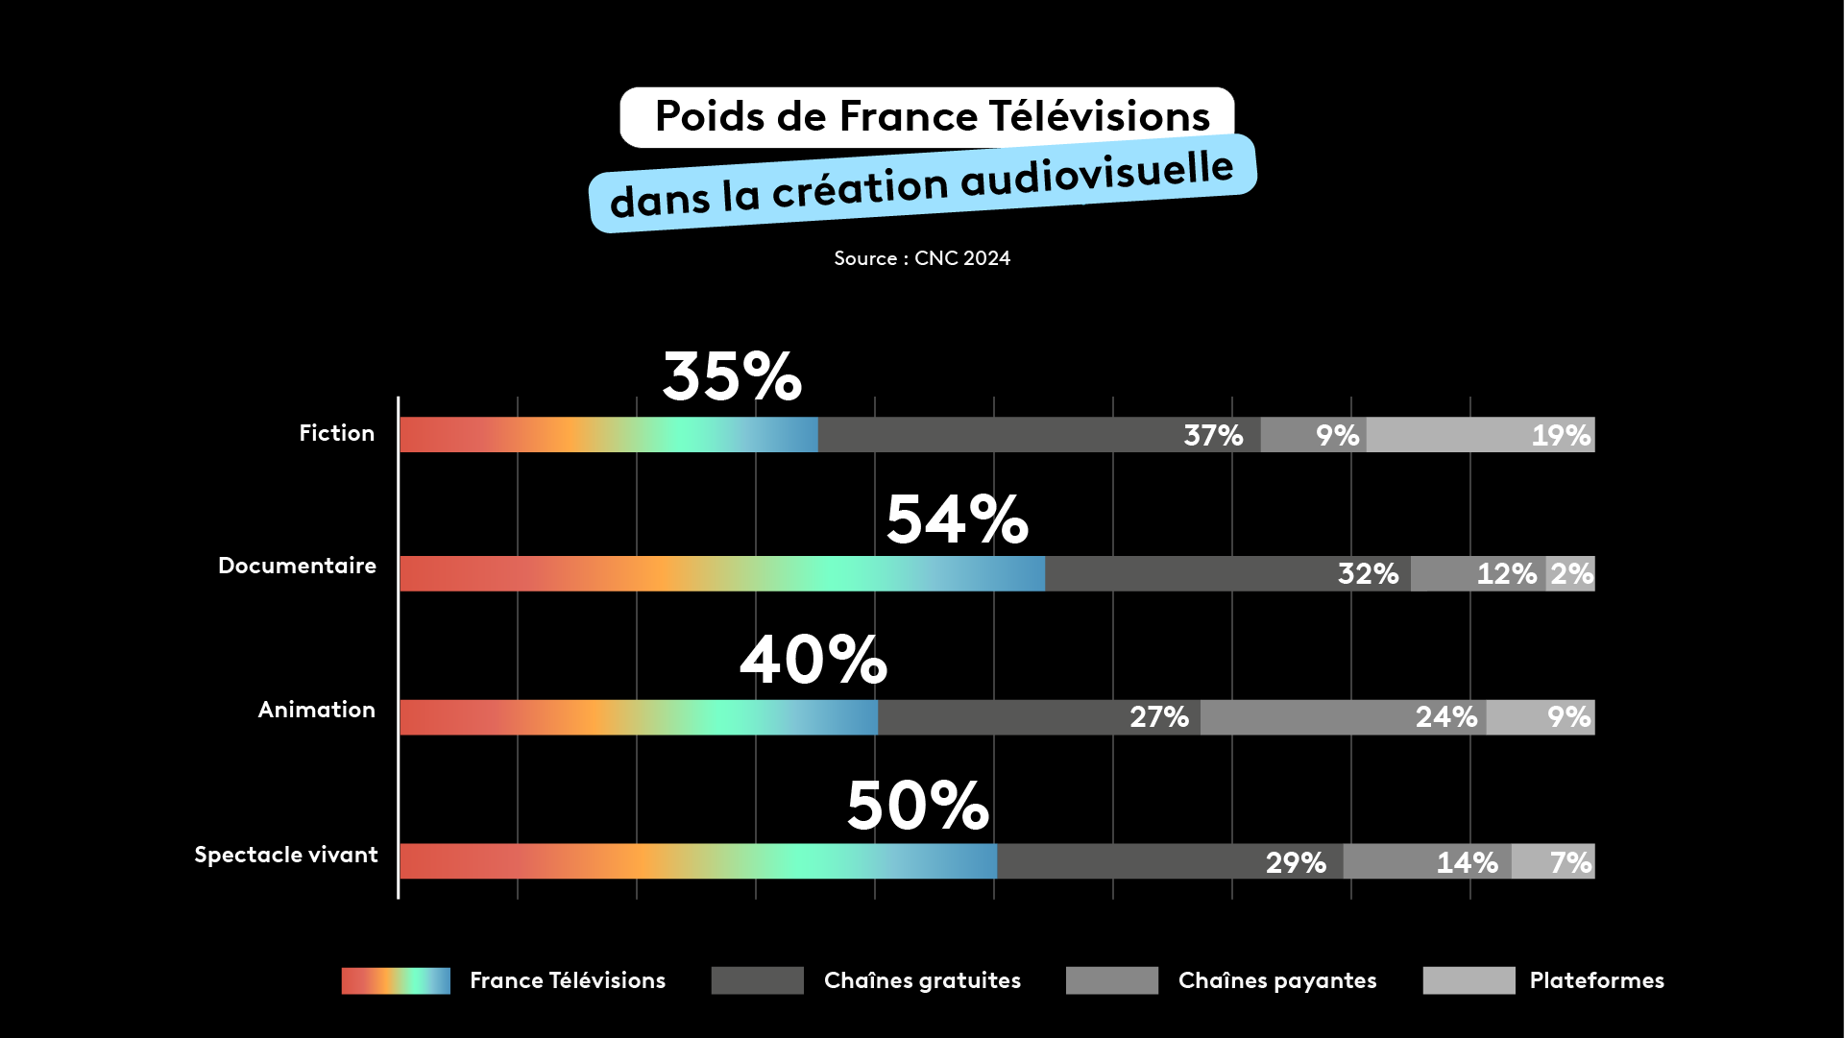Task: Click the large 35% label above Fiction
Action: (732, 376)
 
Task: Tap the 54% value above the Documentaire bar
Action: (957, 520)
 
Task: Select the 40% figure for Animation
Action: (813, 661)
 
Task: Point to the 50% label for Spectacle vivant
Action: (917, 806)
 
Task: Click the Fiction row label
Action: (336, 433)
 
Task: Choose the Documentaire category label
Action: (297, 566)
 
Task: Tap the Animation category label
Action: (316, 710)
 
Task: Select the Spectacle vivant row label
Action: (285, 855)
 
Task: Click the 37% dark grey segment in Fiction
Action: (1038, 435)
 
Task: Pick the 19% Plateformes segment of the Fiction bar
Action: (1480, 435)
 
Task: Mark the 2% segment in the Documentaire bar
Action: (1570, 574)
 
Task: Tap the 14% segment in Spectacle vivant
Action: (1427, 861)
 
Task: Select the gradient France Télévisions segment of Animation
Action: (639, 717)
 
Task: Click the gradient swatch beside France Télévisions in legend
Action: (396, 980)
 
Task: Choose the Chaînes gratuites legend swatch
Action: (757, 980)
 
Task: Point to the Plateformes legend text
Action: (1596, 980)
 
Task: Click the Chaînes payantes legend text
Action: (1276, 980)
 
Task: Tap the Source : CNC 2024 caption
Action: (922, 258)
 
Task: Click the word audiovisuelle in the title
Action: (1097, 175)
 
